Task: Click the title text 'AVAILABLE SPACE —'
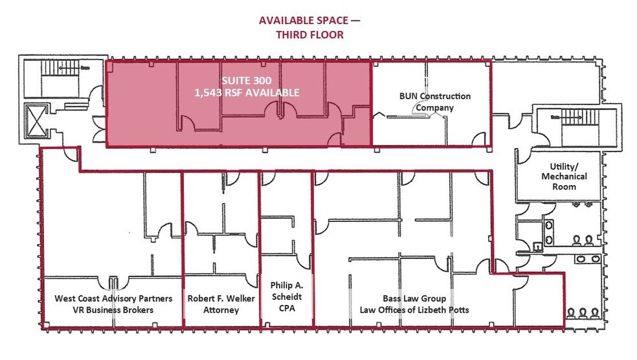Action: click(x=309, y=20)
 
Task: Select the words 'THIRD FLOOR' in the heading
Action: click(x=309, y=35)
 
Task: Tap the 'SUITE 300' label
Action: click(x=246, y=81)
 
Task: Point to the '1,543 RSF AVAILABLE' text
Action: click(x=247, y=93)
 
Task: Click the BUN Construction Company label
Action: click(x=434, y=102)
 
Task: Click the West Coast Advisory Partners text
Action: click(x=113, y=298)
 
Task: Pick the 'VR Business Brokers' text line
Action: click(x=113, y=310)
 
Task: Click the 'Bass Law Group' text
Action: click(x=414, y=298)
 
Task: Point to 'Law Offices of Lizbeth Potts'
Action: click(x=414, y=310)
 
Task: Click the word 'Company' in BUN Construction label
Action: click(x=434, y=107)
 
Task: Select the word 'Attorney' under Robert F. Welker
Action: click(x=221, y=310)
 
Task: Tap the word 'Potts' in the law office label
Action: click(x=457, y=310)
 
